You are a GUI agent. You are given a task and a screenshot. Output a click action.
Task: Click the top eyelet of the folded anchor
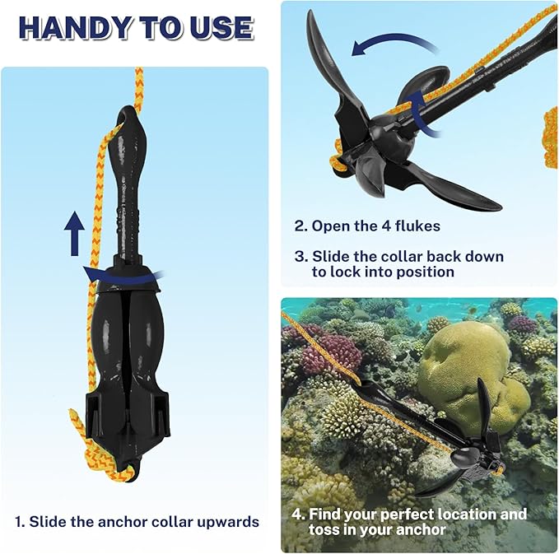pyautogui.click(x=128, y=114)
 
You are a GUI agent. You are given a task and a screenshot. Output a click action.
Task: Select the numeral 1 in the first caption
pyautogui.click(x=19, y=521)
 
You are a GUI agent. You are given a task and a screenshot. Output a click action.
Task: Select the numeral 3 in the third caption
pyautogui.click(x=299, y=257)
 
